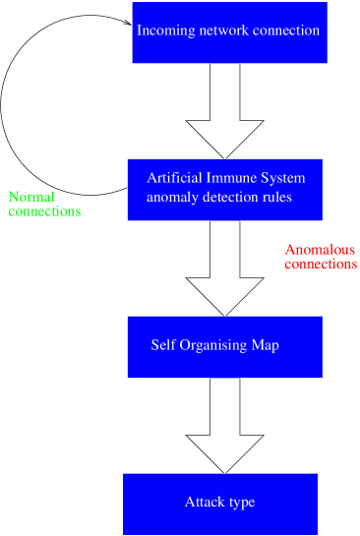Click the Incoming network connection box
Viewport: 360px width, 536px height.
[228, 32]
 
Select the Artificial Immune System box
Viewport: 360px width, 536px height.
[225, 188]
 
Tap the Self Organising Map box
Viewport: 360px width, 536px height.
[225, 346]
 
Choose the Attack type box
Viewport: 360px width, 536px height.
[219, 504]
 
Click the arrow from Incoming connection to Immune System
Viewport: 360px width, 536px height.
[225, 111]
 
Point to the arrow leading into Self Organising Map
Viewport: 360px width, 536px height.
[225, 268]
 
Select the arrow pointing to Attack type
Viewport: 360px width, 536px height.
[225, 425]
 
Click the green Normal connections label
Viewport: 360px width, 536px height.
[43, 204]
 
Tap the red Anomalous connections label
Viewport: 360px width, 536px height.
[320, 257]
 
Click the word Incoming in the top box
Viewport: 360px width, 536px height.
[160, 30]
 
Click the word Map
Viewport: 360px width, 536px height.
[267, 345]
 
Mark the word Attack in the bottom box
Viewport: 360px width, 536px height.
[202, 503]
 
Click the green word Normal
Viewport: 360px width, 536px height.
[30, 197]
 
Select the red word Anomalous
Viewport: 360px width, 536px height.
[320, 250]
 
